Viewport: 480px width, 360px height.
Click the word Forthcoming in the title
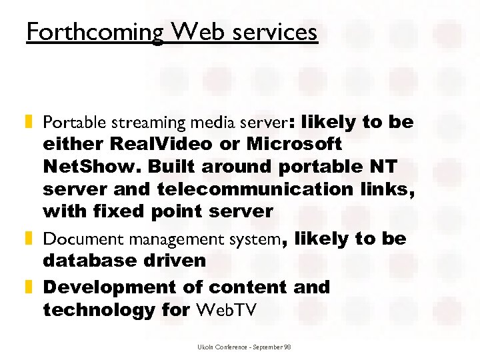coord(94,31)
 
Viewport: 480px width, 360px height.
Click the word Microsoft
coord(294,144)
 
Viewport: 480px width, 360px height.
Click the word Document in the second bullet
coord(72,239)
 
